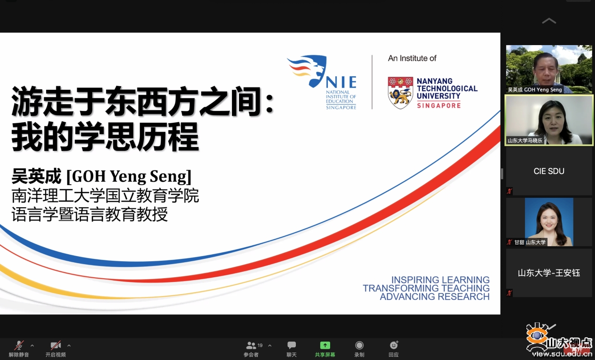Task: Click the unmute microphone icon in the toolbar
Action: pos(19,345)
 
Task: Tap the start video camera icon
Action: pos(56,345)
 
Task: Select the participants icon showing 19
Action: pos(251,345)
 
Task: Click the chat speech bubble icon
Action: pos(291,345)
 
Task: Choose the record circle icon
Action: pos(359,345)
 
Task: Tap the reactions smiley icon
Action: pos(394,345)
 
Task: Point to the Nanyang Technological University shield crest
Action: pos(400,93)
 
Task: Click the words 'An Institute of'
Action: pos(412,58)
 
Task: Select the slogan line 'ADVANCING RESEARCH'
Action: pos(434,297)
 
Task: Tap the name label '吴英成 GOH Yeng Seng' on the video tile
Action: pos(535,90)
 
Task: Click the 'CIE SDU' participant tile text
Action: pos(549,171)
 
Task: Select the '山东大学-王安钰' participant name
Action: pos(549,273)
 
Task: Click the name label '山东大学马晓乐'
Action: pos(525,141)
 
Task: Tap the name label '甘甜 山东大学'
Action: pos(530,242)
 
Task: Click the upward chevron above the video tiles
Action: pos(549,21)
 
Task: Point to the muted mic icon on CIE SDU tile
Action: pos(509,191)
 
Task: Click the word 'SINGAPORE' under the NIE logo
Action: pos(341,108)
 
